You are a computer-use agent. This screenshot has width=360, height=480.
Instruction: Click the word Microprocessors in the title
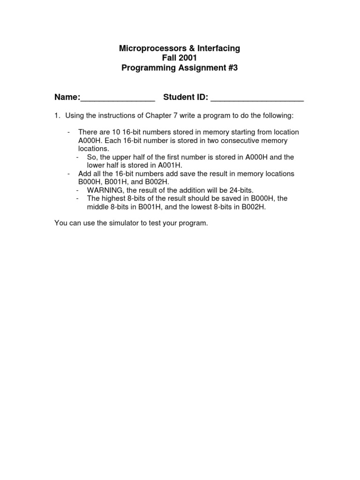coord(147,48)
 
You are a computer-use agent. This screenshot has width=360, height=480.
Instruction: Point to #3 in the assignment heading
coord(232,68)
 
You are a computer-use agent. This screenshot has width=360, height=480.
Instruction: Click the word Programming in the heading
coord(145,68)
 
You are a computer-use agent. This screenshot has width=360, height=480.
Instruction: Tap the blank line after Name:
coord(118,98)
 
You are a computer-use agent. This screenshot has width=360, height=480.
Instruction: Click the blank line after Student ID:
coord(257,98)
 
